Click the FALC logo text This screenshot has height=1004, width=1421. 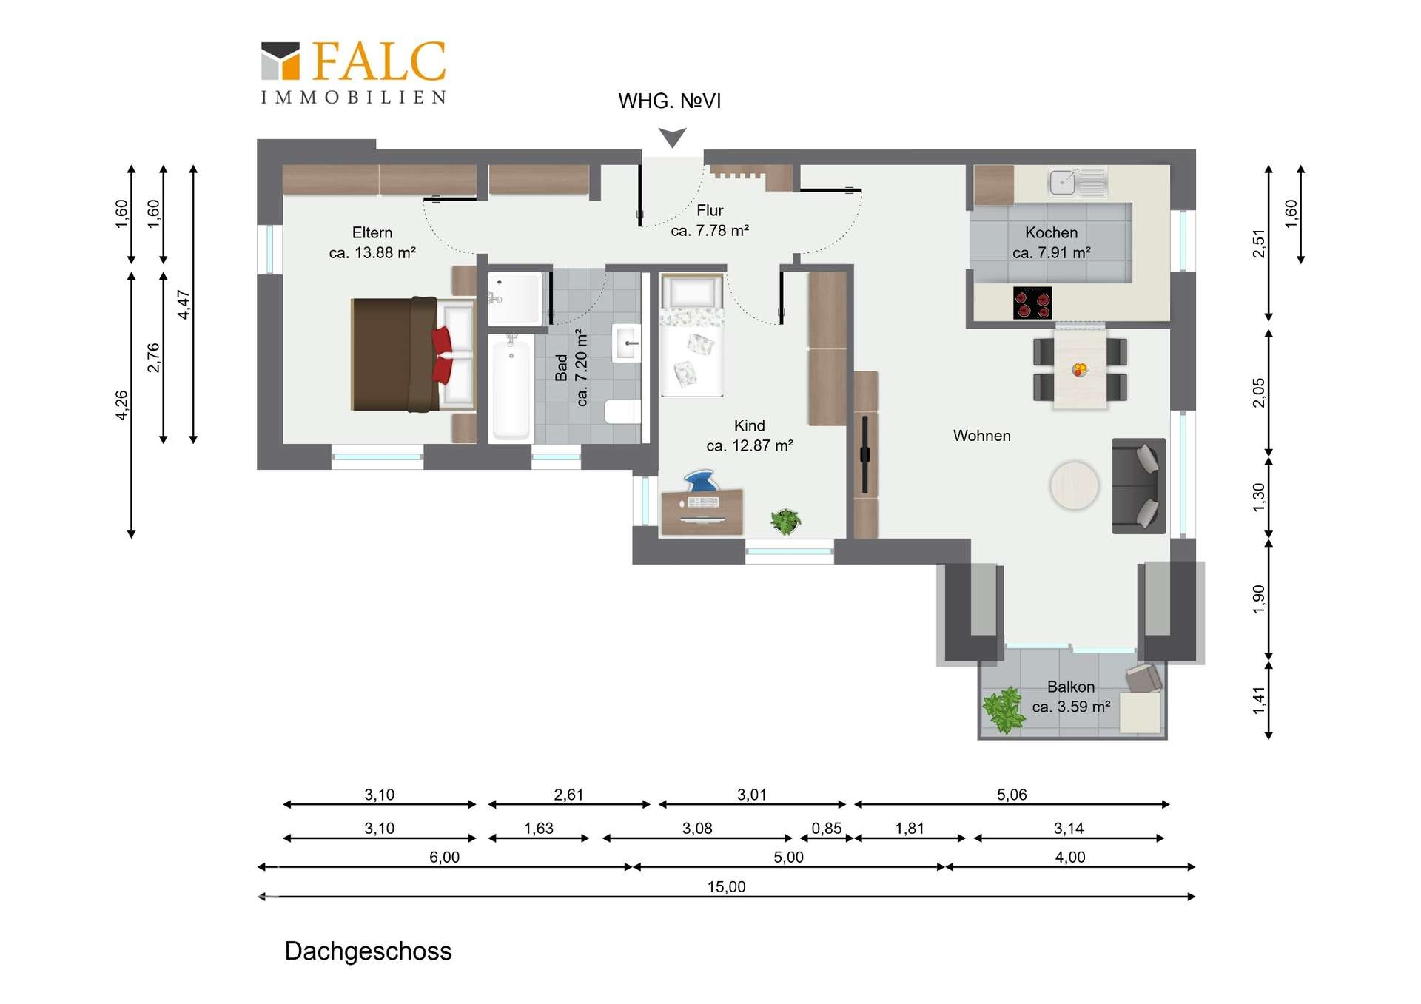pyautogui.click(x=379, y=61)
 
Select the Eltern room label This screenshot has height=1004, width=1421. pyautogui.click(x=372, y=232)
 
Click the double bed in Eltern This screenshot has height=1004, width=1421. pyautogui.click(x=412, y=354)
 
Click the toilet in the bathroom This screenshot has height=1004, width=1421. pyautogui.click(x=622, y=411)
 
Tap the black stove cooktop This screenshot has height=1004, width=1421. pyautogui.click(x=1032, y=302)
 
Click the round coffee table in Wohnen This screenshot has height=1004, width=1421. pyautogui.click(x=1074, y=485)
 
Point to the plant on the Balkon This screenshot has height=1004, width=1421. pyautogui.click(x=1003, y=710)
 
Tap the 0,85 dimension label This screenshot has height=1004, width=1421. pyautogui.click(x=827, y=829)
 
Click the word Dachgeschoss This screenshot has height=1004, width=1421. pyautogui.click(x=368, y=951)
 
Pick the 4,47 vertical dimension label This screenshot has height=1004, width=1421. pyautogui.click(x=184, y=304)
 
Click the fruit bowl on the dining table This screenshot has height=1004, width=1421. pyautogui.click(x=1080, y=369)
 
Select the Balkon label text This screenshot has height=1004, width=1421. pyautogui.click(x=1071, y=687)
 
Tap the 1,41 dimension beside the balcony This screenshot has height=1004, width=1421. pyautogui.click(x=1259, y=700)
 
